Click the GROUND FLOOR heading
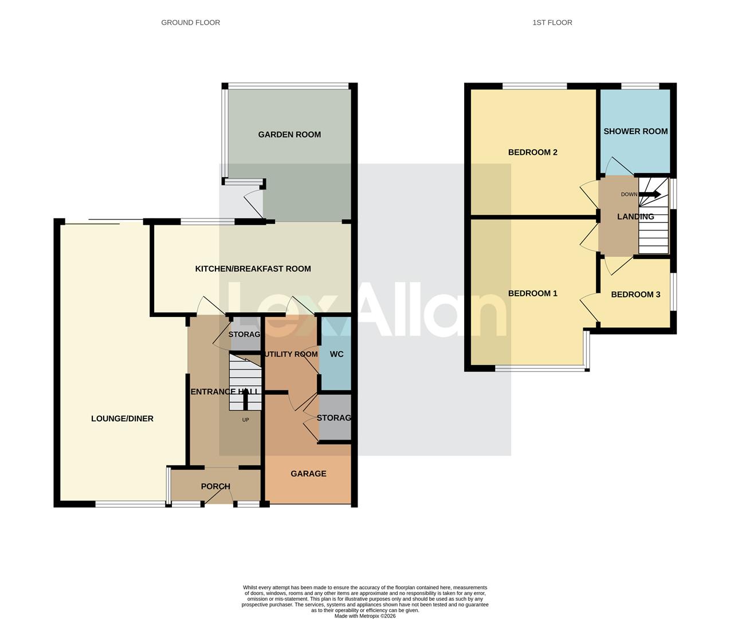(190, 22)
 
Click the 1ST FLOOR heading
(552, 22)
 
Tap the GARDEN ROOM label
(289, 135)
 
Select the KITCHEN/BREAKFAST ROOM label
(253, 269)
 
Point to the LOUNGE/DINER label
(122, 419)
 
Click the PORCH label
(215, 487)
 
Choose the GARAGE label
(308, 474)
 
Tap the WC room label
(336, 354)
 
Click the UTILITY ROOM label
(291, 354)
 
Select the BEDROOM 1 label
(532, 293)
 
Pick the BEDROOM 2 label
(532, 152)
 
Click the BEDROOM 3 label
(635, 295)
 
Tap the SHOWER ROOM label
(635, 131)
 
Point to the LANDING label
(635, 217)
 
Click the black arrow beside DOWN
(650, 194)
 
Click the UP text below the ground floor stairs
(245, 420)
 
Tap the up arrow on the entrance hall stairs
(246, 398)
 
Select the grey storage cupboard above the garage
(335, 417)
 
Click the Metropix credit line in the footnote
(365, 616)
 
